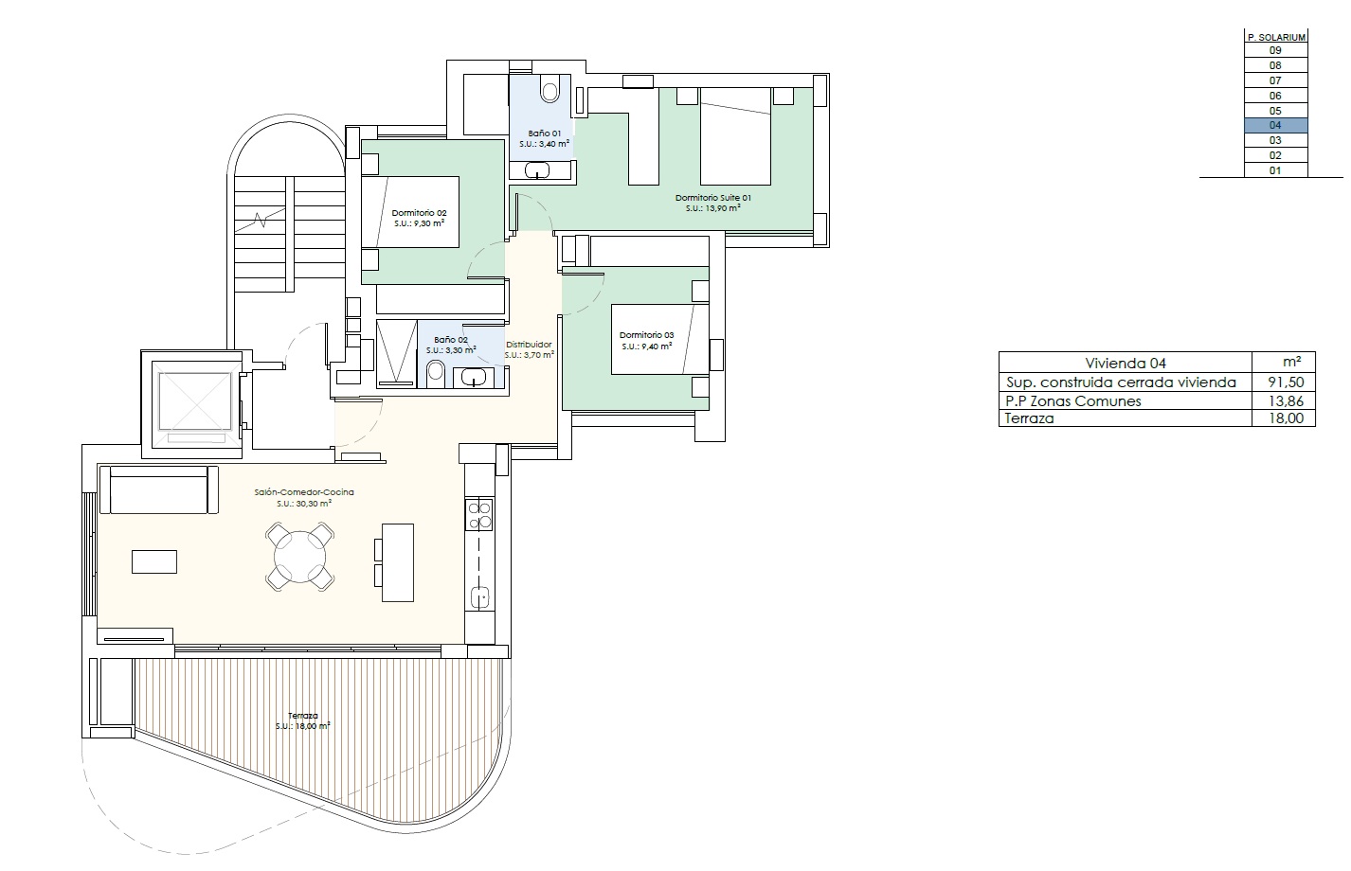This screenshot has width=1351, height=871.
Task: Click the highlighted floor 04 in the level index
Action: point(1275,125)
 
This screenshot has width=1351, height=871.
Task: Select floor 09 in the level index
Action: point(1275,50)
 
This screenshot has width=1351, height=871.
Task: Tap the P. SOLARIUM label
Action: point(1276,37)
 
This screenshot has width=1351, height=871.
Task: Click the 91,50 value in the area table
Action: point(1286,382)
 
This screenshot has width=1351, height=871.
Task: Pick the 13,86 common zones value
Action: point(1286,400)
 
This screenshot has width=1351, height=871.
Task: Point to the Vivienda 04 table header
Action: point(1126,363)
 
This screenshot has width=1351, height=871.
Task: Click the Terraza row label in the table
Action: point(1029,418)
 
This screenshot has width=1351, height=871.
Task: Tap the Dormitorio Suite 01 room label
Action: point(712,198)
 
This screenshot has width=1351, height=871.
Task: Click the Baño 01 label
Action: point(544,133)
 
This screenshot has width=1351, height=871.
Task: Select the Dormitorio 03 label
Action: point(646,335)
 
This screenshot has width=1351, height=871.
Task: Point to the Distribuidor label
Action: point(529,345)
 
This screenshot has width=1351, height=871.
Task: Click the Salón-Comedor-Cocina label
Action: point(304,492)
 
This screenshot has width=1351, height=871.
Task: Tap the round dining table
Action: point(299,557)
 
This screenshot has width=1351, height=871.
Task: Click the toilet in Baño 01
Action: point(549,89)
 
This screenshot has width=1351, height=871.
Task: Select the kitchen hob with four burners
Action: point(479,514)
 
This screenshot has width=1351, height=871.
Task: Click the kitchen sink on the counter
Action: point(480,597)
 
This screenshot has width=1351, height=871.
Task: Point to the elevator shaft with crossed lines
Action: point(195,400)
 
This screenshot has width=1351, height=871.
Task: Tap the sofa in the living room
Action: point(158,489)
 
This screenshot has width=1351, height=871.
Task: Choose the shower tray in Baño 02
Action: point(396,353)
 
